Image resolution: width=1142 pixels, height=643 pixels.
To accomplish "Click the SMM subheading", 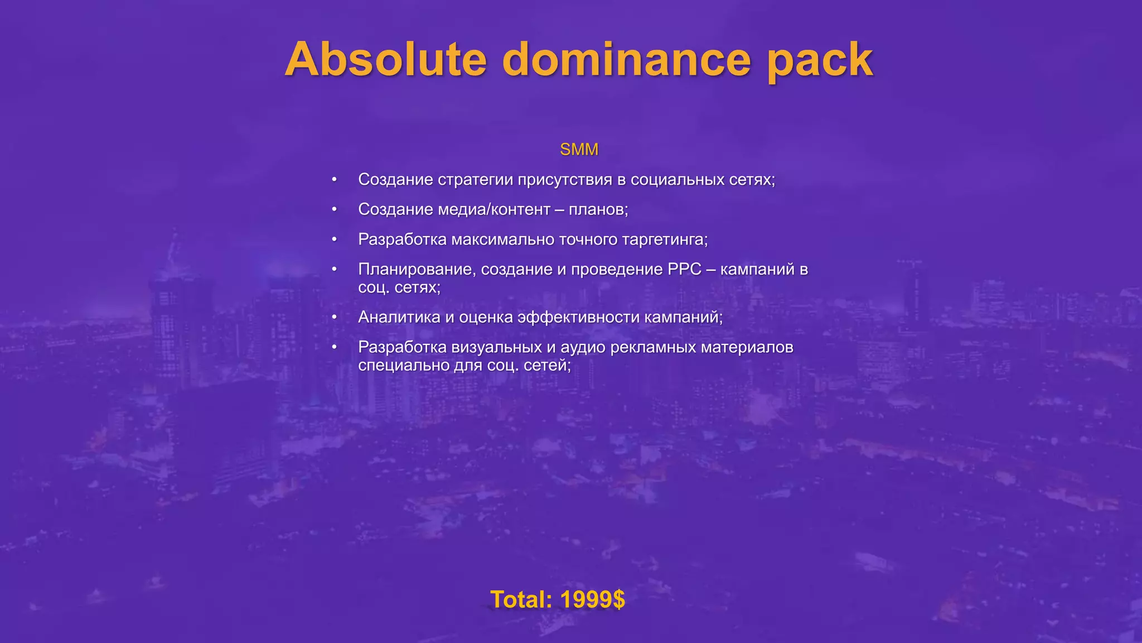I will (579, 150).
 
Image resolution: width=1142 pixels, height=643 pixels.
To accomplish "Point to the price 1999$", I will (592, 599).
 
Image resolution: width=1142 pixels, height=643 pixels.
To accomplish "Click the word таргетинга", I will (665, 239).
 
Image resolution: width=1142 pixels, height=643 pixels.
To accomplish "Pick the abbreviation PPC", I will (684, 269).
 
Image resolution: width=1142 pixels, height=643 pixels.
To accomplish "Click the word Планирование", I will (417, 269).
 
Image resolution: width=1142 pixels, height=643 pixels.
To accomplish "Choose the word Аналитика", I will (399, 317).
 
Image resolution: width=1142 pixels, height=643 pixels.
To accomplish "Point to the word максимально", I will (502, 239).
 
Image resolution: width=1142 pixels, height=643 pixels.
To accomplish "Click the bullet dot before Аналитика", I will (334, 317).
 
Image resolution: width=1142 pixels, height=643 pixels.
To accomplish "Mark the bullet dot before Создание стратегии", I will (334, 180).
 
